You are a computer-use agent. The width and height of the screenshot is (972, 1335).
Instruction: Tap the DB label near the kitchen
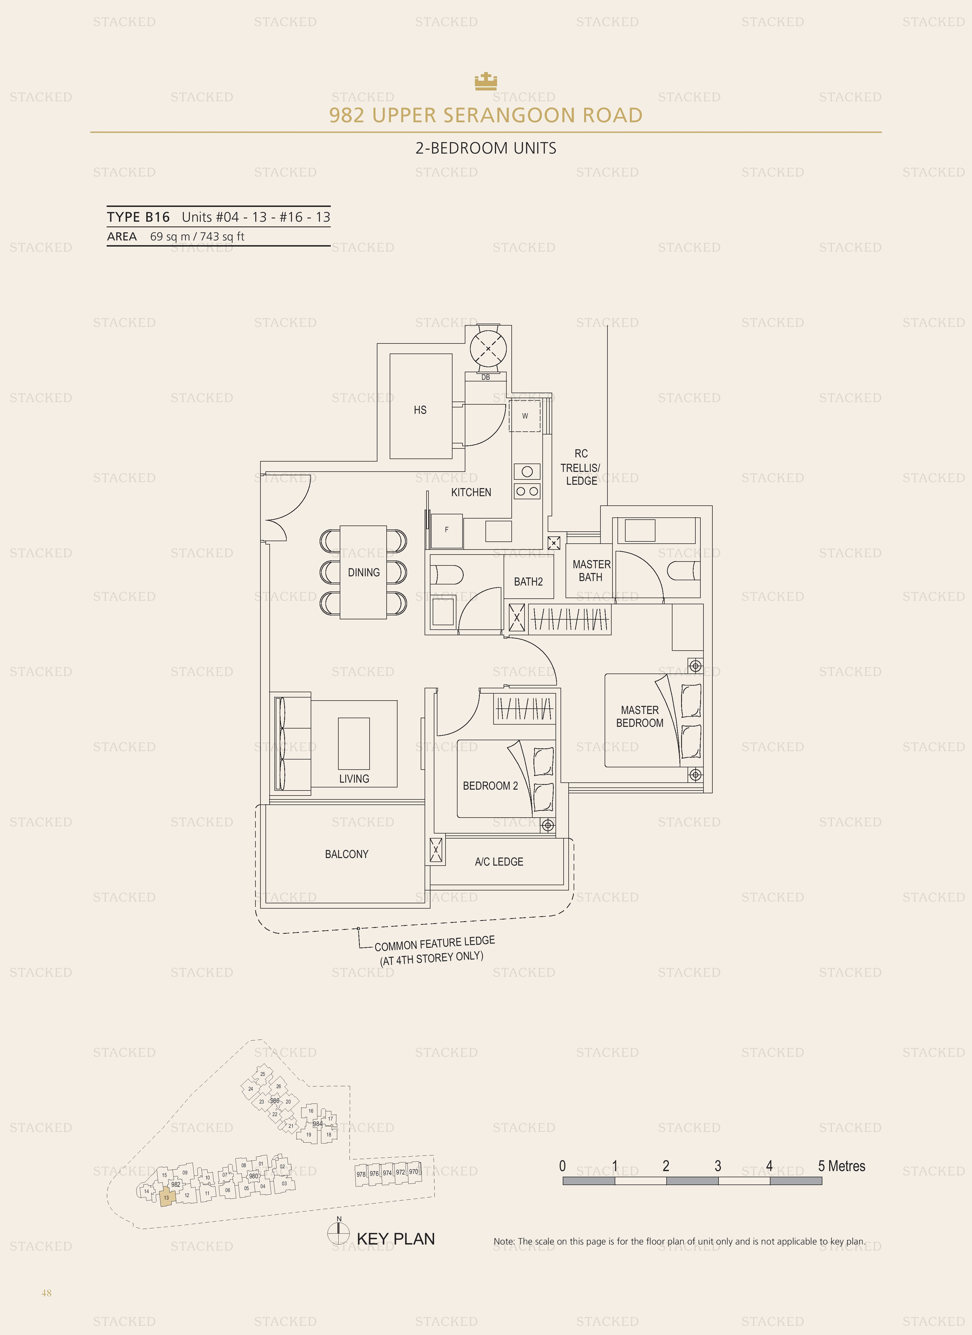485,377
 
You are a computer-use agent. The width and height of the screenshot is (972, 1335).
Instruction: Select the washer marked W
525,415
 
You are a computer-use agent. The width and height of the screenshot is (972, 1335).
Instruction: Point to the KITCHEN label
471,492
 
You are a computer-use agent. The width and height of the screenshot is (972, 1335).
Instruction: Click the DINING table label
364,572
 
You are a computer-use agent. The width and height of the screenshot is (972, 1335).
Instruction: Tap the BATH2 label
528,582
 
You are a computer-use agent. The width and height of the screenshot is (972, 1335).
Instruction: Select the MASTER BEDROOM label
640,716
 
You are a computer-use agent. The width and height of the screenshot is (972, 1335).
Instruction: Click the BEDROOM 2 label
490,786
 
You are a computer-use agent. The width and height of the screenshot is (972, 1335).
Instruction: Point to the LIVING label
354,779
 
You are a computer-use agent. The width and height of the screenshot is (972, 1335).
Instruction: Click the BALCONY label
346,854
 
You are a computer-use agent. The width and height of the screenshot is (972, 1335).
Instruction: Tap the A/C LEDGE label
499,862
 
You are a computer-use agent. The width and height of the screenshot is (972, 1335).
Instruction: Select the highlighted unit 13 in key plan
166,1197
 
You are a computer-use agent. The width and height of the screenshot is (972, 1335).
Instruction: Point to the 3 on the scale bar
718,1166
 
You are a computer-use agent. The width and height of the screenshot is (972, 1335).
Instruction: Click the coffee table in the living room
354,743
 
